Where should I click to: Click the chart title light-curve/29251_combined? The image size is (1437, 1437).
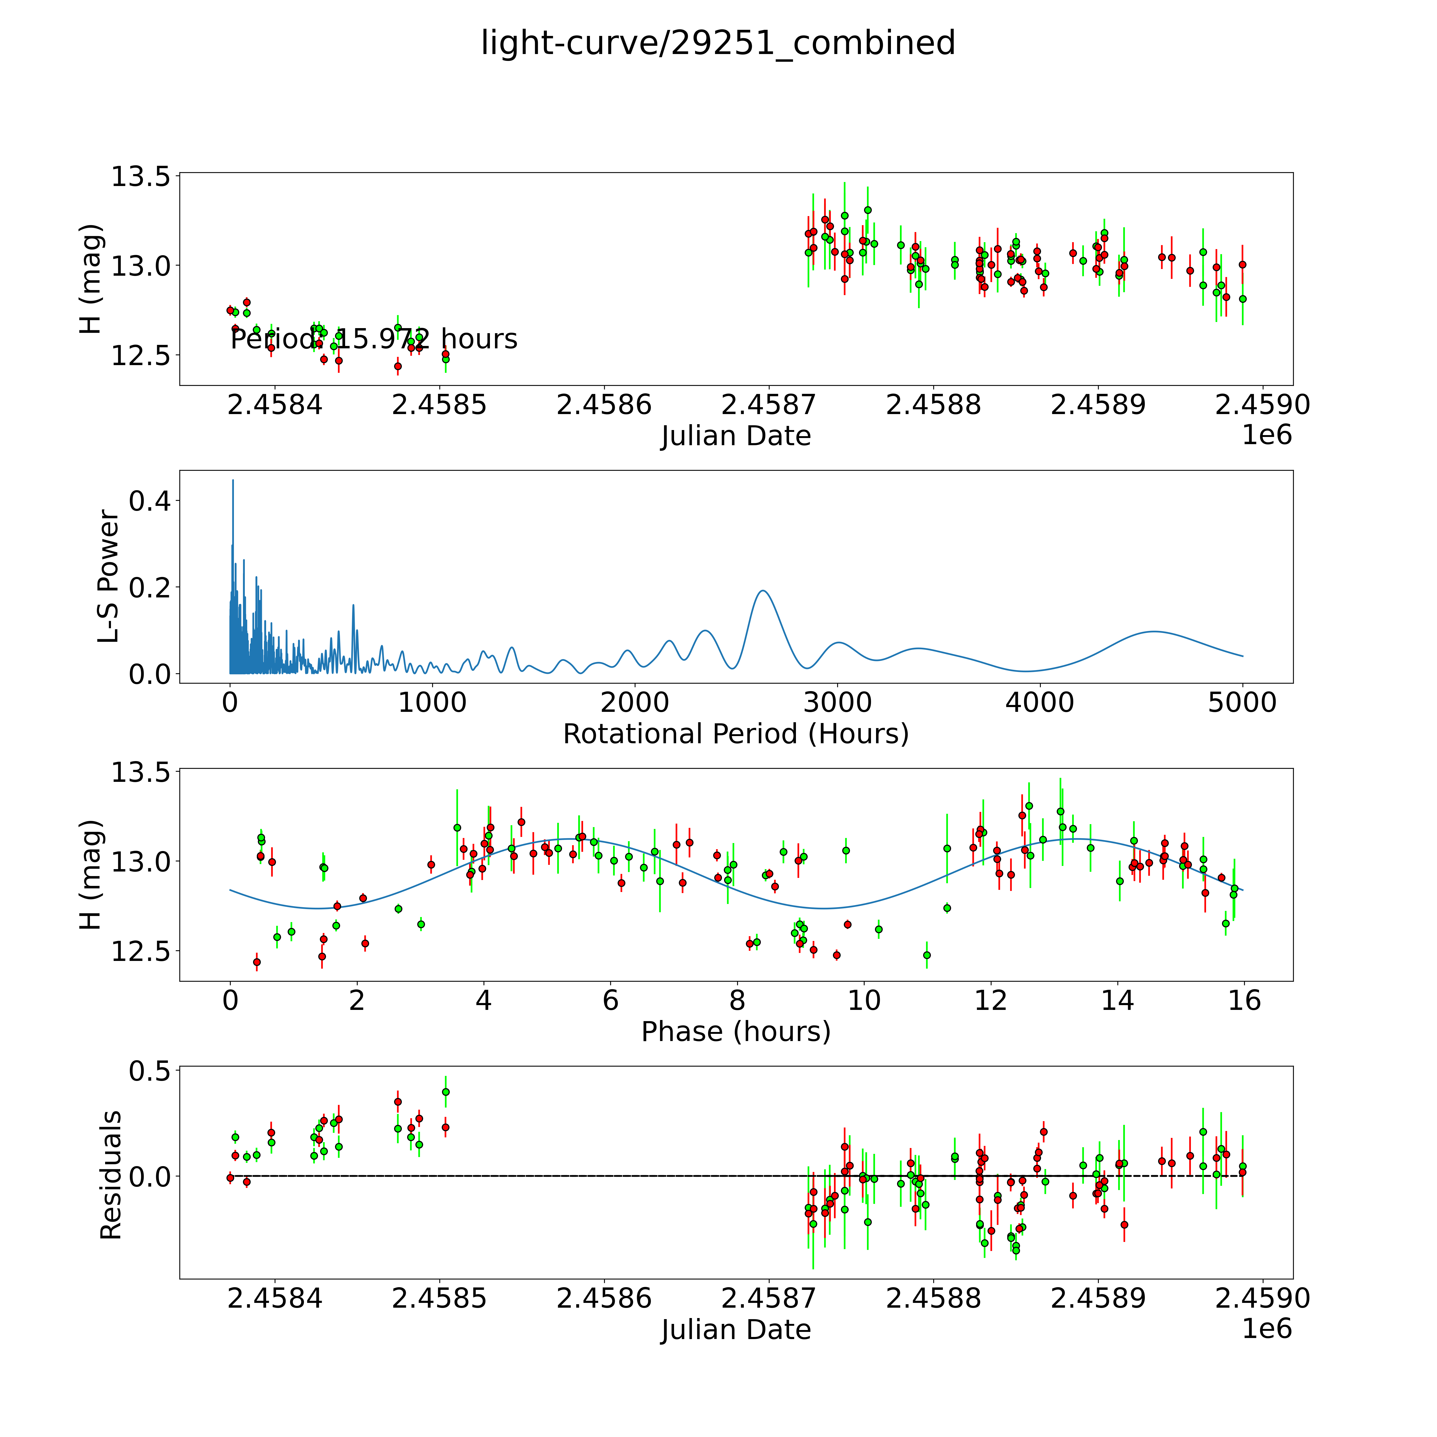[718, 43]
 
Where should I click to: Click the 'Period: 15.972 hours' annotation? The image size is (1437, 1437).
[373, 339]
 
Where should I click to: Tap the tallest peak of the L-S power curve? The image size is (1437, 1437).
[233, 481]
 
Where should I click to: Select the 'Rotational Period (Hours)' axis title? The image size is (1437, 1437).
[736, 734]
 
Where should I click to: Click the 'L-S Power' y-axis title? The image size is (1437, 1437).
[109, 576]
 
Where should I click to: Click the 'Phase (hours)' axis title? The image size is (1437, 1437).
[736, 1032]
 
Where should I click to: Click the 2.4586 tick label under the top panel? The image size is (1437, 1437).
[603, 405]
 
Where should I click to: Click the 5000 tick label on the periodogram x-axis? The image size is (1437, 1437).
[1242, 703]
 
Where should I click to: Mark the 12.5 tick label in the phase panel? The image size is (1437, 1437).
[140, 952]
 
